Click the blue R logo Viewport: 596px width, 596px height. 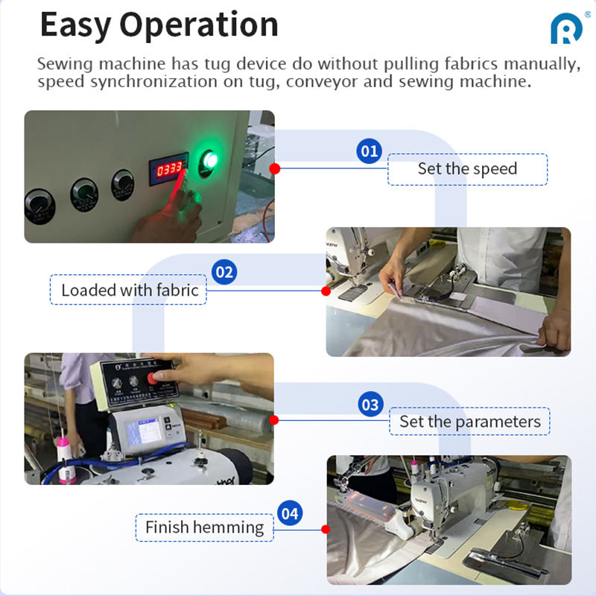tap(566, 29)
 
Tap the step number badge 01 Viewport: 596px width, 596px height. tap(369, 151)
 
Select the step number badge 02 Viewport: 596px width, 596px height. tap(224, 272)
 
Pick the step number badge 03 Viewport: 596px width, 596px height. tap(370, 405)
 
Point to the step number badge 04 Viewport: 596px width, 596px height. tap(290, 513)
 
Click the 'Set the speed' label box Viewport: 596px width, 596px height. tap(468, 170)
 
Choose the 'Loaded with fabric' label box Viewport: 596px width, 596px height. tap(128, 290)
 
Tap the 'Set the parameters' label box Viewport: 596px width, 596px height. tap(470, 421)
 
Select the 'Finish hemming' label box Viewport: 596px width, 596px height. tap(204, 527)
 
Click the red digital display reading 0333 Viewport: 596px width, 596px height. tap(169, 168)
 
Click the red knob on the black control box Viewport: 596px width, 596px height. tap(152, 378)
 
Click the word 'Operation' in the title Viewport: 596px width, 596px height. tap(199, 25)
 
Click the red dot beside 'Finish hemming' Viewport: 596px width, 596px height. tap(326, 529)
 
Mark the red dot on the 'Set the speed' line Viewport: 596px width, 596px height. tap(274, 168)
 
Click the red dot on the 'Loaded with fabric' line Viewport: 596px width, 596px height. tap(326, 291)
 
